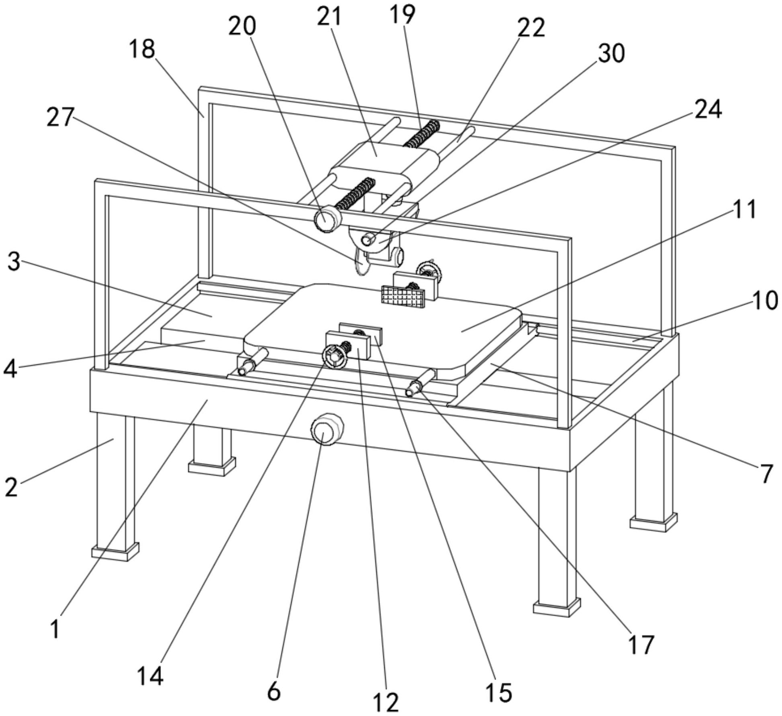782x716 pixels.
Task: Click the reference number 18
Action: pos(142,50)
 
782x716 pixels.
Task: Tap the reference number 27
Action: pos(60,118)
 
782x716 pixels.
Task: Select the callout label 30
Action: pos(611,54)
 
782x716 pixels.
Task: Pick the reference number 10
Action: pos(765,301)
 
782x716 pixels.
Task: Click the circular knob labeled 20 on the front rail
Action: pos(327,219)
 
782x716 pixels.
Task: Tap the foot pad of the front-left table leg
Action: pos(115,551)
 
